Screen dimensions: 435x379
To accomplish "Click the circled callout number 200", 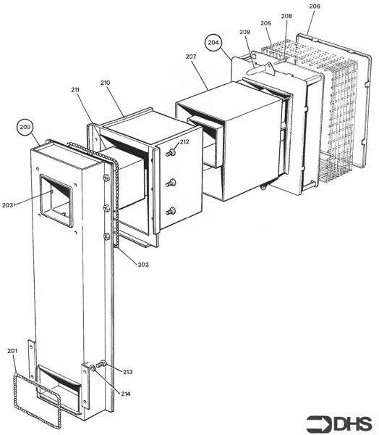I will click(25, 128).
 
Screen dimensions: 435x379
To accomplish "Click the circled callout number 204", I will click(213, 43).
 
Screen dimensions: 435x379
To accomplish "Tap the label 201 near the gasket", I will click(12, 352).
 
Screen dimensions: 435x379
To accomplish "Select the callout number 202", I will click(143, 265).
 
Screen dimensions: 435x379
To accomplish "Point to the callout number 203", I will click(8, 205).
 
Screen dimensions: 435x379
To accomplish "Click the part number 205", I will click(266, 23).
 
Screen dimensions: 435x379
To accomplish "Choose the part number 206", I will click(315, 7).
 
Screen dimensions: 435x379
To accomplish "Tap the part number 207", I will click(191, 56).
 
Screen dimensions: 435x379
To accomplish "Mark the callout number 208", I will click(286, 16).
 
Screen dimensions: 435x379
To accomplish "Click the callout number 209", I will click(244, 33).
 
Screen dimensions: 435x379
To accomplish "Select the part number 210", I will click(105, 83).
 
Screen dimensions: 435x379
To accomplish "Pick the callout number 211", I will click(75, 89).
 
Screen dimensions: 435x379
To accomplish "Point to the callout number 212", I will click(184, 142).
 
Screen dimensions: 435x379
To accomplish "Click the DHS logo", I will click(338, 423).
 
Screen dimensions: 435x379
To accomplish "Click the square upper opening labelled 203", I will click(56, 200).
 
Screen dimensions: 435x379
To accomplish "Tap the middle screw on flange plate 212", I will click(171, 183).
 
